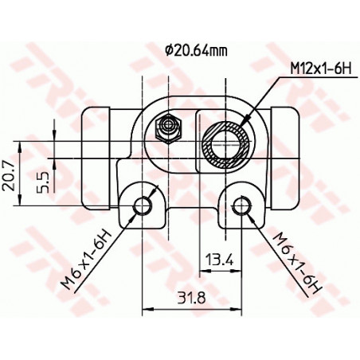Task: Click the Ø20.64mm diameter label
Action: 197,51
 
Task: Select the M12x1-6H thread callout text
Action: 321,69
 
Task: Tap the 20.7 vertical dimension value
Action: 9,175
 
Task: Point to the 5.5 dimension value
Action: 43,182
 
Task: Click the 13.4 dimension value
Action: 221,260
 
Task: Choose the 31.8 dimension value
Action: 192,298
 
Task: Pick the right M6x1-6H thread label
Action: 297,263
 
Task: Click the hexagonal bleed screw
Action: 168,129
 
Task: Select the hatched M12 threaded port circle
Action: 226,145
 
